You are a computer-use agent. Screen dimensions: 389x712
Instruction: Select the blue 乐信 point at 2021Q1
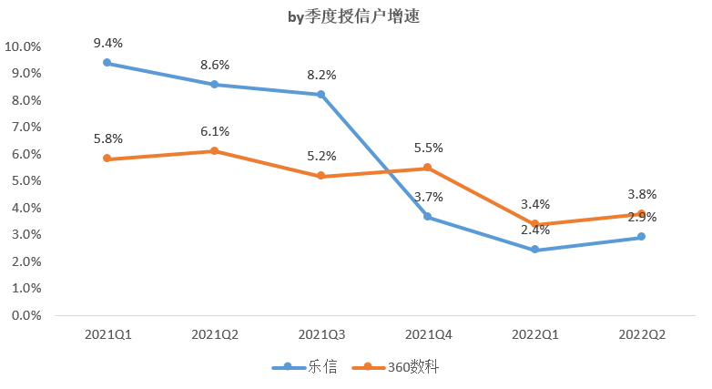click(107, 63)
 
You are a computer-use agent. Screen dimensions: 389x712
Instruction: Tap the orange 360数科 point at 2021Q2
click(215, 151)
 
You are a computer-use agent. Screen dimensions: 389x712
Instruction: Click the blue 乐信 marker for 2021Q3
click(321, 95)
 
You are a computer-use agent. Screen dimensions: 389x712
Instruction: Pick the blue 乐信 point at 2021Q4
click(428, 217)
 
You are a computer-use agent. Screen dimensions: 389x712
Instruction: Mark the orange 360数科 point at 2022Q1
click(534, 224)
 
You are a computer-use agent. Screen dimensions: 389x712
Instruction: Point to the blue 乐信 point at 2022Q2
click(641, 237)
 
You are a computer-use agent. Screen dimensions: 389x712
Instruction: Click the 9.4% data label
click(107, 43)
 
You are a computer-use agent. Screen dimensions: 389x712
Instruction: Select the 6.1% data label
click(215, 131)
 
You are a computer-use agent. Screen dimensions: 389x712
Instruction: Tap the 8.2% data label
click(321, 75)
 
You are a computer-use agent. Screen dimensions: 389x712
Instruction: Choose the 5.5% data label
click(428, 148)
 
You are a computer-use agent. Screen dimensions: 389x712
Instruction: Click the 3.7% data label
click(428, 197)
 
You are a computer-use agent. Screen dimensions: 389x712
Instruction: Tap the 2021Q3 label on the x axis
click(321, 334)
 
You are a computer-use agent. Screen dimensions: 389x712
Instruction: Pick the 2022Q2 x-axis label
click(641, 334)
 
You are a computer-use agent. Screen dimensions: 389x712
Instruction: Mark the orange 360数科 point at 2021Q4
click(428, 168)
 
